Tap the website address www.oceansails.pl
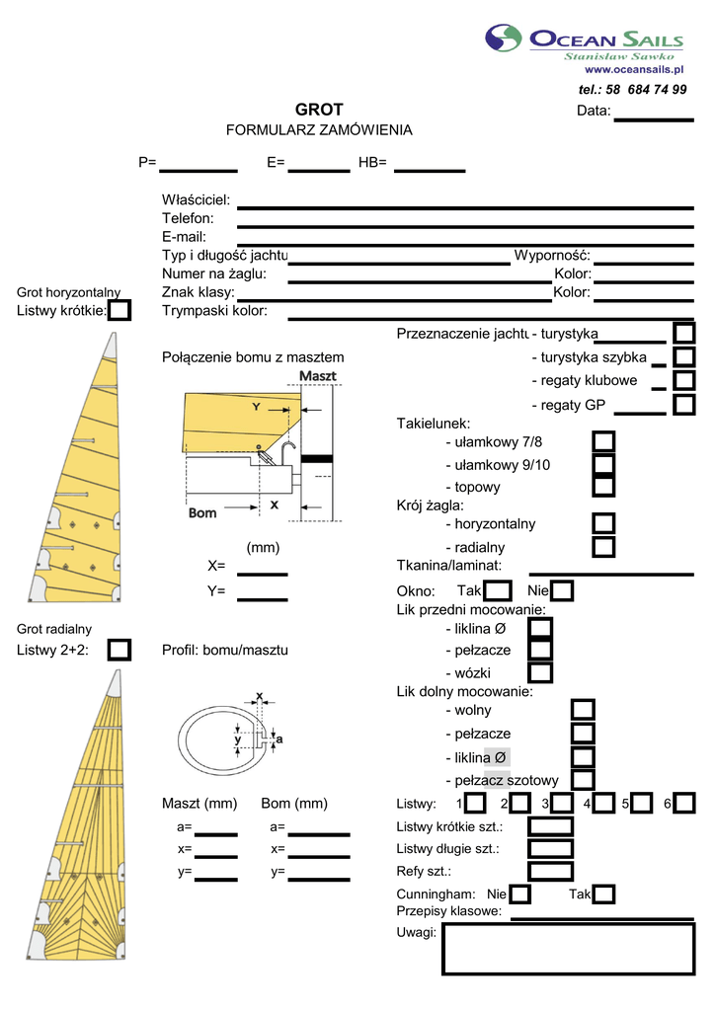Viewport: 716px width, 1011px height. (x=635, y=69)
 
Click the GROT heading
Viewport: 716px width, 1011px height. (x=319, y=110)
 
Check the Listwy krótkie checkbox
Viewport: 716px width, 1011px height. (x=119, y=311)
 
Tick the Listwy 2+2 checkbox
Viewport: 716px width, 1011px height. (x=119, y=650)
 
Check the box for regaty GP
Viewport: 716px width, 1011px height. (x=684, y=405)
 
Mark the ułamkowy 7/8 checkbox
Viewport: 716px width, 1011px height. (x=604, y=441)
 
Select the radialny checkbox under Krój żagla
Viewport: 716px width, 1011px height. (x=604, y=546)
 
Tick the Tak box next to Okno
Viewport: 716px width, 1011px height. (x=499, y=591)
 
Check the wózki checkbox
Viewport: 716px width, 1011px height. (x=540, y=672)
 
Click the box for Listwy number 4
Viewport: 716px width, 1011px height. (x=604, y=803)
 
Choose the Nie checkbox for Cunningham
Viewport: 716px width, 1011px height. (x=519, y=894)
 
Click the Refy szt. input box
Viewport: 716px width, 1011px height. (x=550, y=871)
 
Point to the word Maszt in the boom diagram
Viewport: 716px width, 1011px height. (x=318, y=377)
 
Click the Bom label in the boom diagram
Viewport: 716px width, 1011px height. (x=202, y=512)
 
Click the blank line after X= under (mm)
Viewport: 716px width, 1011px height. (x=263, y=571)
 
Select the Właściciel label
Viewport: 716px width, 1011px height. (x=196, y=200)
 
